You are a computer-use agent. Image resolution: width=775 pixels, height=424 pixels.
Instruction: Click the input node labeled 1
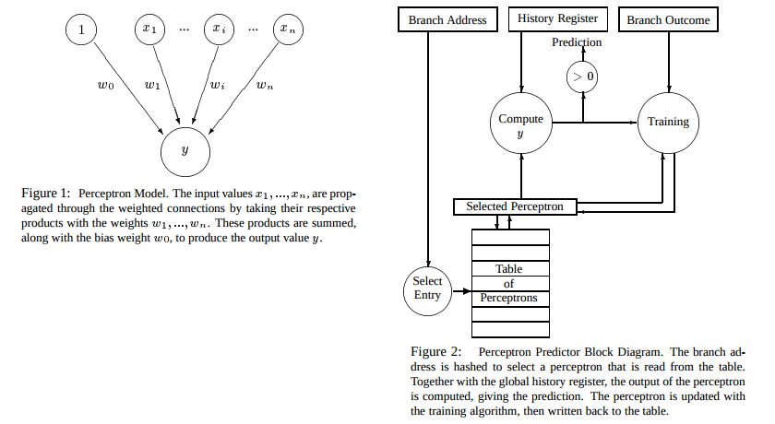(81, 30)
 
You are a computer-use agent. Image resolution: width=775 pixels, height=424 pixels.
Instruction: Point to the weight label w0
(106, 88)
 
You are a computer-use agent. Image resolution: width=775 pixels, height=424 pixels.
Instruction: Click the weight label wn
(265, 88)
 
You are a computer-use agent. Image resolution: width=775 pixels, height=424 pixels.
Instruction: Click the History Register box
(557, 18)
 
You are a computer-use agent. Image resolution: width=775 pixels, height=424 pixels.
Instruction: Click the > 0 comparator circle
(582, 77)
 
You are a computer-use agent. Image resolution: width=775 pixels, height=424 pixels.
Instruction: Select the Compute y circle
(520, 125)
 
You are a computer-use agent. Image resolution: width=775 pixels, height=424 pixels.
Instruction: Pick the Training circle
(668, 122)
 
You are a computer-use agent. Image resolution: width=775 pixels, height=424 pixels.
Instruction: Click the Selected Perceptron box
(521, 206)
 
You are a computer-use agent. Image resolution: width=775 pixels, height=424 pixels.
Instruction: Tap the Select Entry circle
(428, 288)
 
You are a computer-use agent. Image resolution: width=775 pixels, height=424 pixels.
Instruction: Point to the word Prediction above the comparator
(577, 42)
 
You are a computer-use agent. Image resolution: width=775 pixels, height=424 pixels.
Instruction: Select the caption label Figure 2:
(435, 352)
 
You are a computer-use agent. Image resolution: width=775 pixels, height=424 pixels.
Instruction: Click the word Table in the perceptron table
(508, 269)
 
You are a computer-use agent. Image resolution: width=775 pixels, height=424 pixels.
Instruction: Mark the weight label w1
(153, 88)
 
